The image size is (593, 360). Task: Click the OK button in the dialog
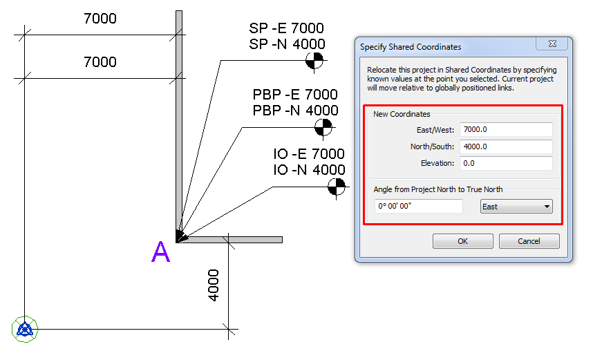coord(462,241)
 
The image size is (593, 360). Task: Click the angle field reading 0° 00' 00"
coord(418,207)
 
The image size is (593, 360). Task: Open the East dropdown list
coord(516,207)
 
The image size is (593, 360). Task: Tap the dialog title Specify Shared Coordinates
coord(411,47)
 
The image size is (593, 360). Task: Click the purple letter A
coord(160,253)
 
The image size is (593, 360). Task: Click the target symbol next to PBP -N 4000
coord(322,126)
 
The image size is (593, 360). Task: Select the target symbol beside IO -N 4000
coord(335,186)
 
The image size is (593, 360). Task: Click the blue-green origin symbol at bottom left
coord(26,330)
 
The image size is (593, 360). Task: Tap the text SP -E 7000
coord(286,28)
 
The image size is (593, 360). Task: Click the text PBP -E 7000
coord(294,95)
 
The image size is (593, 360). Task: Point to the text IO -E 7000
coord(308,154)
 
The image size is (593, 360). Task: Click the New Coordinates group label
coord(401,114)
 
